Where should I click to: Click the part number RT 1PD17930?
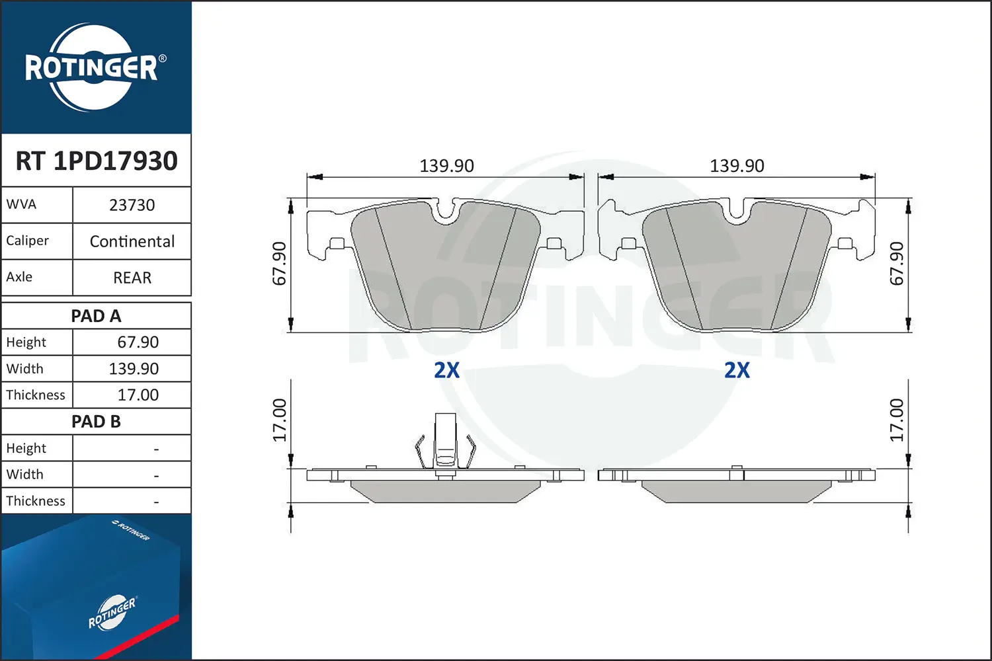[97, 161]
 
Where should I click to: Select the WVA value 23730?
[132, 206]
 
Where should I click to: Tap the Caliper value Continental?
[132, 242]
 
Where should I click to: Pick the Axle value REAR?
[132, 278]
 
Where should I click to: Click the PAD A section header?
[96, 316]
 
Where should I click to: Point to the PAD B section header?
[96, 422]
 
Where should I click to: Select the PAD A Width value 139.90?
[134, 369]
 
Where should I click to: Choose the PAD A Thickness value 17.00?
[138, 395]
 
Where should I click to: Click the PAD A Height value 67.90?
[138, 342]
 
